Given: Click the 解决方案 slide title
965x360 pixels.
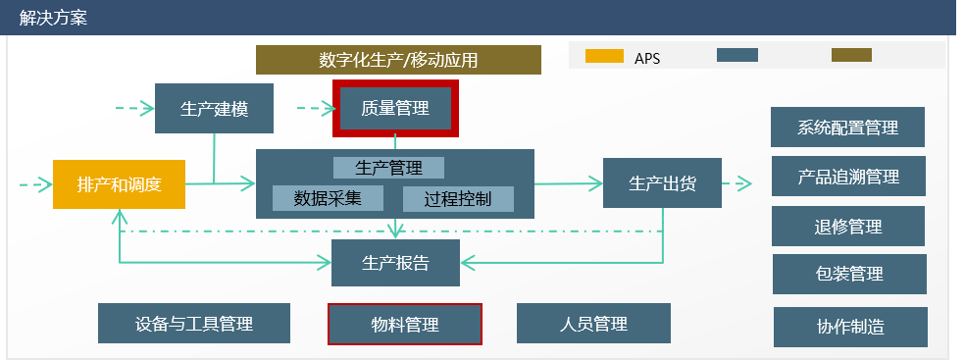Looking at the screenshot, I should coord(54,18).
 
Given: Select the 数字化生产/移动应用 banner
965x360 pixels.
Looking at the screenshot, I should coord(398,60).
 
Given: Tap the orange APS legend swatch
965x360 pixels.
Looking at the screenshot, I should coord(604,56).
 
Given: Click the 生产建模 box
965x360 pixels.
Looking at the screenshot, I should coord(214,109).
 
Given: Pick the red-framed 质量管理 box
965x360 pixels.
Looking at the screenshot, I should coord(395,108).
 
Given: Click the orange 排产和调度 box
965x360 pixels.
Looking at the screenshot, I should coord(119,183).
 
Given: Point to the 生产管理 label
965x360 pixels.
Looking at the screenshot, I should coord(388,167).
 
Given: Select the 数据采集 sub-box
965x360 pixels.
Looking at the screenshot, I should coord(328,198).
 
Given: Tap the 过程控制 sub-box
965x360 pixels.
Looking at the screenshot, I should coord(458,198).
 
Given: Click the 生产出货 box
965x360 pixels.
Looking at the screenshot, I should coord(662,182).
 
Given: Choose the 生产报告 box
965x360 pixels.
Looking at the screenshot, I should coord(395,262).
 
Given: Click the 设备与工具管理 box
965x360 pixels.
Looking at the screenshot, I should coord(194,324).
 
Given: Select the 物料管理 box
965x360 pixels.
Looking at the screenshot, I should coord(404,324).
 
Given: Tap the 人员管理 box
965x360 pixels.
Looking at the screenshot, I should coord(593,324).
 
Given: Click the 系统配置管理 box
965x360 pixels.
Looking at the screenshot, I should coord(848,128).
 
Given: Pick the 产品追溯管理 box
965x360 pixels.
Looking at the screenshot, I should coord(848,177).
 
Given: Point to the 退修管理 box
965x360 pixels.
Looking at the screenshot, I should coord(848,226).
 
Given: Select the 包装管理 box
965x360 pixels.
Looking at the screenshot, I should coord(848,274).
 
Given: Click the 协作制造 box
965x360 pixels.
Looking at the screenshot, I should coord(850,327).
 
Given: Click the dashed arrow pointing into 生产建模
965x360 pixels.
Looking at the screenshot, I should coord(133,108).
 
